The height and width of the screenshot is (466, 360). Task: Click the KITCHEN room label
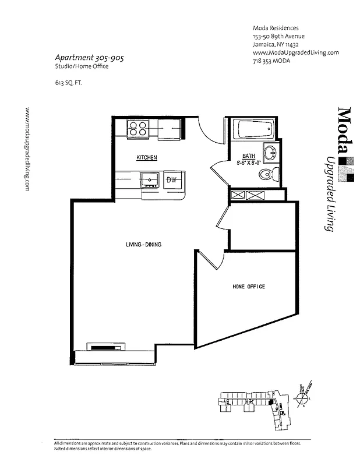click(x=147, y=158)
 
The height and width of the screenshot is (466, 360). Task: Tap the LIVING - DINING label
click(x=143, y=245)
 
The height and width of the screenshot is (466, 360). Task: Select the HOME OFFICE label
click(x=249, y=287)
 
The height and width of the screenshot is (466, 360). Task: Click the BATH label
click(x=249, y=156)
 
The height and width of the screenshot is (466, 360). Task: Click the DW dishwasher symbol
click(x=172, y=180)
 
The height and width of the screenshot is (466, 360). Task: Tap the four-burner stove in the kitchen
click(x=137, y=128)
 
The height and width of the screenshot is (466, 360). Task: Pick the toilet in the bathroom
click(x=269, y=173)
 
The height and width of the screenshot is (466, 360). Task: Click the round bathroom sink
click(x=271, y=153)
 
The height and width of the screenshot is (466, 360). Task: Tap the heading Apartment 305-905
click(x=89, y=58)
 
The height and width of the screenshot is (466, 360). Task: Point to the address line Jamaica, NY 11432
click(x=276, y=44)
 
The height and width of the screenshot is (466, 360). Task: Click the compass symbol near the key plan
click(x=303, y=398)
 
